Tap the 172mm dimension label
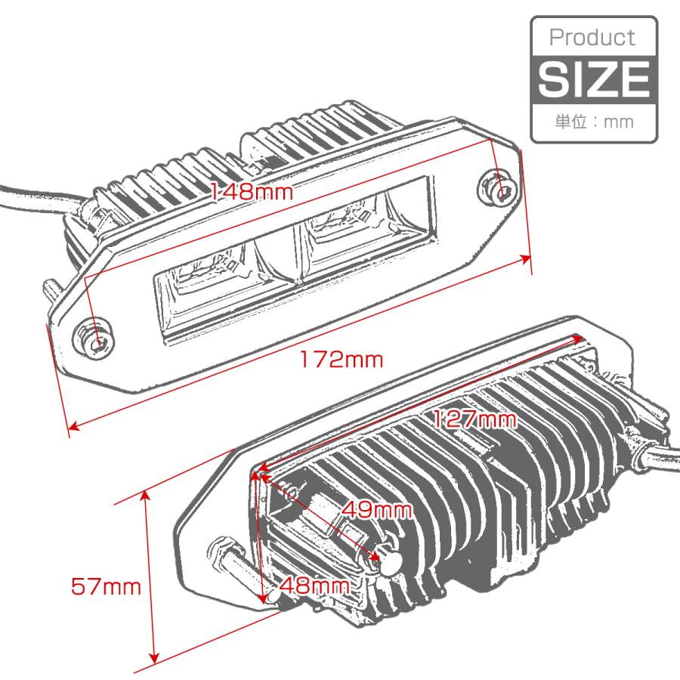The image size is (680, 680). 339,360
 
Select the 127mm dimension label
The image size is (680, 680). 474,420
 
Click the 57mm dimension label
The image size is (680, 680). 107,586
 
